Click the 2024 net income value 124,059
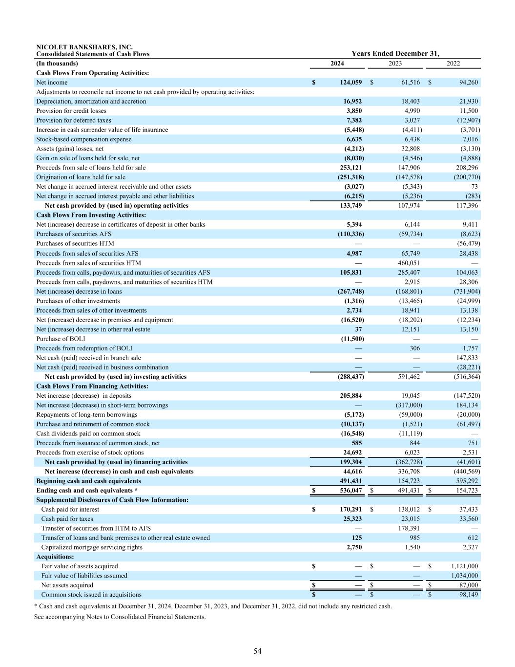(350, 83)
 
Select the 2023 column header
(395, 64)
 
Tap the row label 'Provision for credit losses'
(71, 111)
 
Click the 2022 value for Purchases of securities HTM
(467, 243)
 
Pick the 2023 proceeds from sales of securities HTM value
(409, 263)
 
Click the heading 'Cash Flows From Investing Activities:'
(91, 215)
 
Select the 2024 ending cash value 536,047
(350, 491)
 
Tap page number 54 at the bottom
(257, 651)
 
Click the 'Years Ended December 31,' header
(395, 54)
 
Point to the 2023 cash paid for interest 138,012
(409, 509)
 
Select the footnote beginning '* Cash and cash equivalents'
(213, 606)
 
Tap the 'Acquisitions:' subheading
(55, 557)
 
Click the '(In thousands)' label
(57, 64)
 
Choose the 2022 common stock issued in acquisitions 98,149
(467, 595)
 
